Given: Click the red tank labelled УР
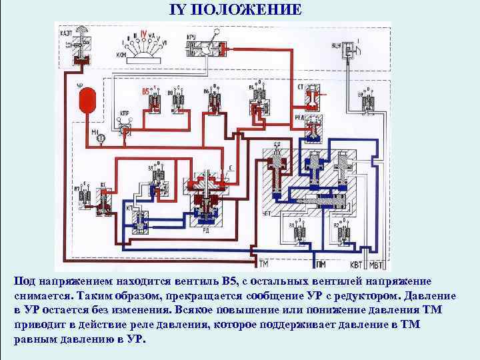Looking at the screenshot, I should [x=85, y=102].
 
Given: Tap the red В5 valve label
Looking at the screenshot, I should [x=146, y=91].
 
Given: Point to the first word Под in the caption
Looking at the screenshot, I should [x=23, y=281].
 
